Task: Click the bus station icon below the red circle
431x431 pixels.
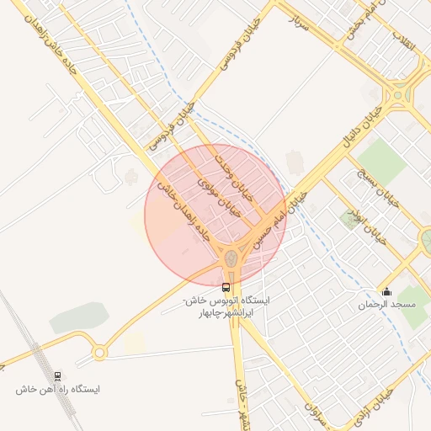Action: tap(224, 286)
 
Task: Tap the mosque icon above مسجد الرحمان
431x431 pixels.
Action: tap(386, 292)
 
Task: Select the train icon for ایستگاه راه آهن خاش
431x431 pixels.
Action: tap(57, 375)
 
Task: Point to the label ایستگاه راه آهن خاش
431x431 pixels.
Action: tap(57, 390)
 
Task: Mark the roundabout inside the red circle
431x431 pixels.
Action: tap(230, 258)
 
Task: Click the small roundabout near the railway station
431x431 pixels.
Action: tap(99, 352)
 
